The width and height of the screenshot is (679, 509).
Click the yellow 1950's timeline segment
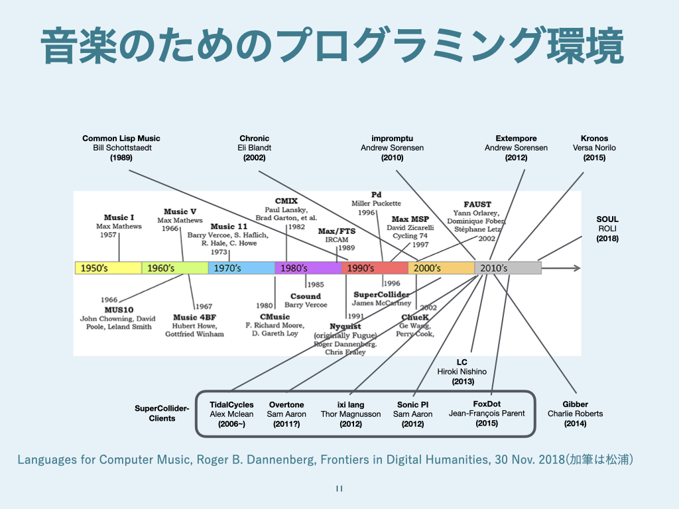click(x=108, y=268)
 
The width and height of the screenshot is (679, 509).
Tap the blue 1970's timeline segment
click(x=241, y=268)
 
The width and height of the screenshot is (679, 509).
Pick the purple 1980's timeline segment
click(x=308, y=268)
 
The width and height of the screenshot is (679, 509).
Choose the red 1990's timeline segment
click(x=375, y=268)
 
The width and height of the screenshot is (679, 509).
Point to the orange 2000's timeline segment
click(x=441, y=268)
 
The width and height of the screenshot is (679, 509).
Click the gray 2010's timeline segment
click(x=508, y=268)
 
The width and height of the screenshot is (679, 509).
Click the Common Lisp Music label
click(x=121, y=139)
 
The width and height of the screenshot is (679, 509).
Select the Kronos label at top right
click(x=594, y=139)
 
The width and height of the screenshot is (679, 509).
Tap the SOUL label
click(x=607, y=219)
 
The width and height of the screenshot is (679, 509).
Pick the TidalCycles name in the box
click(x=231, y=405)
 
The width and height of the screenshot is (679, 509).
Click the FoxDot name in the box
click(x=487, y=404)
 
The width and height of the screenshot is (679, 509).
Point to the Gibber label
click(x=576, y=404)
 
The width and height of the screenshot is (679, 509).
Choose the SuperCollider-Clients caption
click(x=162, y=414)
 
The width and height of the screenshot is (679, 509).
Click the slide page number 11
click(x=339, y=489)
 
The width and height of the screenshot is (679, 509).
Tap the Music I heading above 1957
click(x=119, y=217)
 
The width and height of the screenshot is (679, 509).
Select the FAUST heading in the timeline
click(x=477, y=205)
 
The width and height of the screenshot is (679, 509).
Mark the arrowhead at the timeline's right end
click(x=577, y=268)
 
